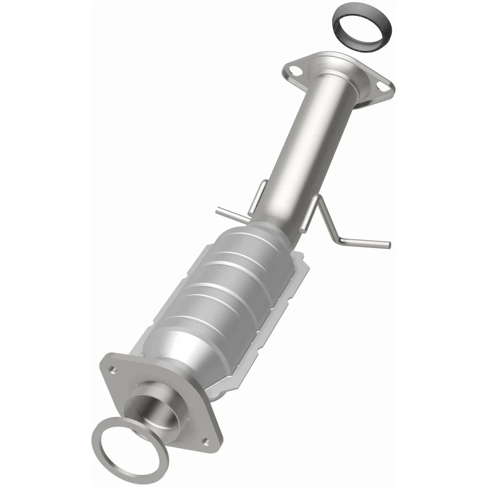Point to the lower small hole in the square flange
coord(205,441)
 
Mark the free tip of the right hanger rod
coord(389,245)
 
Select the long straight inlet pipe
coord(304,147)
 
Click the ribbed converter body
coord(223,289)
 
